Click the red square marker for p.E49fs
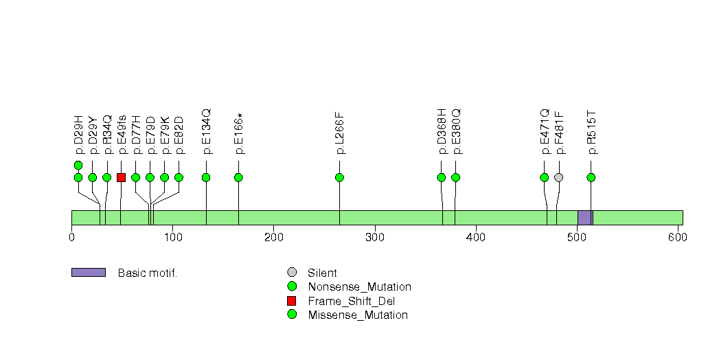pyautogui.click(x=121, y=177)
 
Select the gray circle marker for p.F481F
pyautogui.click(x=558, y=177)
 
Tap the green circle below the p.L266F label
pyautogui.click(x=339, y=177)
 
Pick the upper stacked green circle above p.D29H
pyautogui.click(x=78, y=165)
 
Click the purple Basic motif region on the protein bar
pyautogui.click(x=585, y=218)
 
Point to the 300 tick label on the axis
pyautogui.click(x=375, y=237)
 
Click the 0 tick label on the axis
pyautogui.click(x=71, y=237)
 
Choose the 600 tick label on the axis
pyautogui.click(x=678, y=237)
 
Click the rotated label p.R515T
pyautogui.click(x=591, y=132)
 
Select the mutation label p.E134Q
pyautogui.click(x=206, y=131)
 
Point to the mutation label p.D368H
pyautogui.click(x=441, y=131)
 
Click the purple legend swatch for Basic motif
pyautogui.click(x=89, y=273)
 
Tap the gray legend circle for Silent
pyautogui.click(x=292, y=273)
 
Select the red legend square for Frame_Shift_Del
pyautogui.click(x=292, y=301)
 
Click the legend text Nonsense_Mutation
pyautogui.click(x=360, y=287)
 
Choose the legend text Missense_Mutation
pyautogui.click(x=358, y=315)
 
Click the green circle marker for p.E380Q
pyautogui.click(x=455, y=177)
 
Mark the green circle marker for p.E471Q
pyautogui.click(x=545, y=177)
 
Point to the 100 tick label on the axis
pyautogui.click(x=172, y=237)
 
